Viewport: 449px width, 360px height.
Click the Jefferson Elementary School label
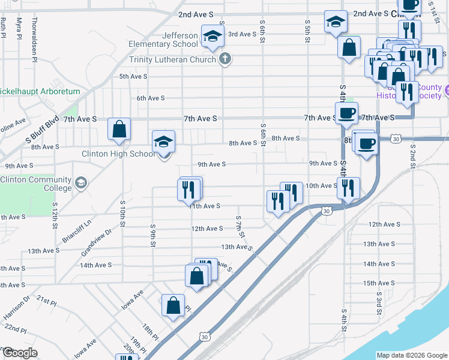coord(163,40)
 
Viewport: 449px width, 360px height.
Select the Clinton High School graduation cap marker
coord(163,143)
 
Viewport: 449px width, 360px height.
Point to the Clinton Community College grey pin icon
coord(81,181)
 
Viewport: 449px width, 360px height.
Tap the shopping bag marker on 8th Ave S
coord(119,128)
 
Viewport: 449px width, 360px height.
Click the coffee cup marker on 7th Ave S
coord(346,113)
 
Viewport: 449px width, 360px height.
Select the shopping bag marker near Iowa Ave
coord(173,304)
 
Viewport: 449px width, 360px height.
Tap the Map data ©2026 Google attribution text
coord(412,355)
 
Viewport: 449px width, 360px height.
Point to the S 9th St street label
coord(154,235)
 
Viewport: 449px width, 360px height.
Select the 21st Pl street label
coord(46,299)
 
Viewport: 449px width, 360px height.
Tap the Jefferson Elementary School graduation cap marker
coord(212,36)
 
